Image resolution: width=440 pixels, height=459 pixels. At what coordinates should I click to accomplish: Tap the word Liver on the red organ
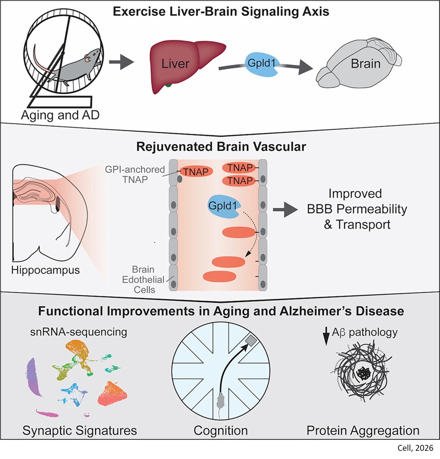click(175, 64)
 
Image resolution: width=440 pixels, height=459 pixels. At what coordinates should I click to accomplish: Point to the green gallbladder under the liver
click(168, 84)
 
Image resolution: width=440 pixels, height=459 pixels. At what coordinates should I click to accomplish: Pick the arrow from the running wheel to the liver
click(121, 62)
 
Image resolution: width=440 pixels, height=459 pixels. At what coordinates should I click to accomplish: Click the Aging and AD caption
click(60, 115)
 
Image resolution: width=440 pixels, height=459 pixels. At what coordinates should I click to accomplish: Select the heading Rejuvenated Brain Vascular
click(221, 147)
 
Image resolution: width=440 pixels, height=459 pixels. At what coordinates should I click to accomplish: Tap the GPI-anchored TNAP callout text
click(135, 174)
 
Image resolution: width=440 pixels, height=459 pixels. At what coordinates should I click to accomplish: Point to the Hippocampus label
click(45, 270)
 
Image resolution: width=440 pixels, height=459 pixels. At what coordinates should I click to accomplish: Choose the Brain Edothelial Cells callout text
click(144, 280)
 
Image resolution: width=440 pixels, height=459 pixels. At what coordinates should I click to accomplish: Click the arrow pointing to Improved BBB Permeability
click(285, 210)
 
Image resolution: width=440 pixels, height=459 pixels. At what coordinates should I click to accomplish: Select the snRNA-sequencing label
click(79, 332)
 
